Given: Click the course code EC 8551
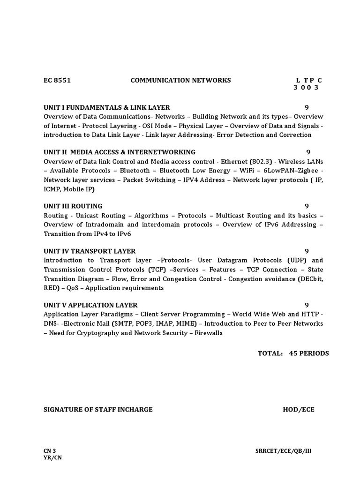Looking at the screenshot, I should (57, 80).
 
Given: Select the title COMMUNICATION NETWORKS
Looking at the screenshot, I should (180, 80).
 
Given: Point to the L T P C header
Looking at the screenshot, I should (309, 80).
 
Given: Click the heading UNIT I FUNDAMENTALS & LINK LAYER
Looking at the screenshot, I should (107, 107).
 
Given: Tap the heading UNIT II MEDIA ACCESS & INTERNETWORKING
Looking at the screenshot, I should (120, 152).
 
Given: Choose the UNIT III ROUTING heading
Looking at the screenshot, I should (73, 206).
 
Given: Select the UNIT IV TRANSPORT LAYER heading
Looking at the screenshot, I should (90, 251).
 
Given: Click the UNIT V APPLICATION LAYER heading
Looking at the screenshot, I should (90, 305).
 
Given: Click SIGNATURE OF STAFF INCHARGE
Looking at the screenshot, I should (98, 409).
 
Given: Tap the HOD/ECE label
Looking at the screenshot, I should (299, 409).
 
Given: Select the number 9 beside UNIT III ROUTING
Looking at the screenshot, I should (307, 206).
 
